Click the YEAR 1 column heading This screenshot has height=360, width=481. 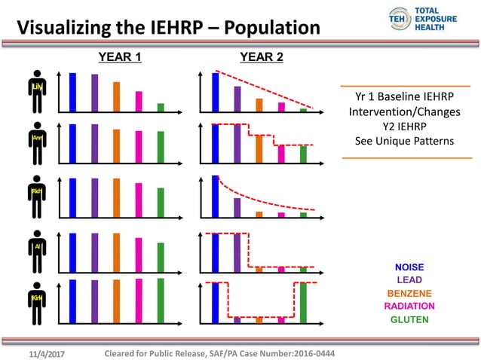pos(121,56)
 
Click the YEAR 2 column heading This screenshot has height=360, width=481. pos(261,56)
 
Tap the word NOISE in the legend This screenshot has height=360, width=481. pos(409,267)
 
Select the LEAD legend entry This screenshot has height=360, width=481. pos(409,280)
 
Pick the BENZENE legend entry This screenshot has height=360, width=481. pos(409,293)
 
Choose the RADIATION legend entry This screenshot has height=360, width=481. pos(409,306)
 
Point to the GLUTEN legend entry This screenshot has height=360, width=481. pos(409,319)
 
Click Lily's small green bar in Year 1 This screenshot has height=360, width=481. pos(161,107)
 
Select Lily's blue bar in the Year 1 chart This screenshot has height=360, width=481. pos(72,92)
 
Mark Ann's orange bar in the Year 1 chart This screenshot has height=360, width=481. pos(117,145)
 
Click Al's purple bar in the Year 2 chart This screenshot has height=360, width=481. pos(237,252)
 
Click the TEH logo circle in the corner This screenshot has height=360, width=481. pos(397,17)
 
